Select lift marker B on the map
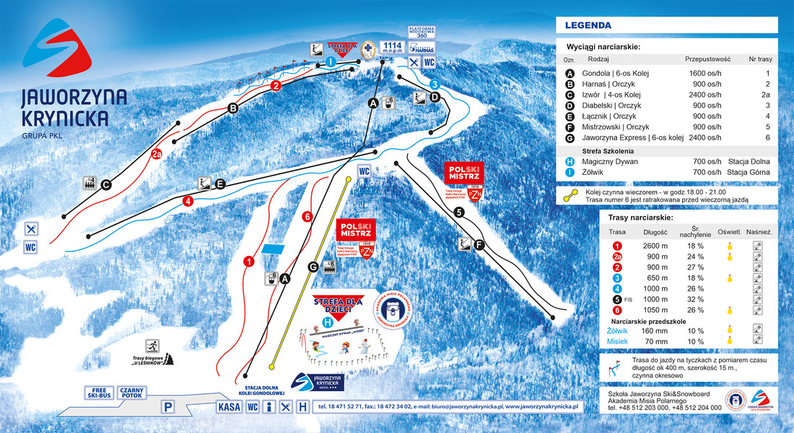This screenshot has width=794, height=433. point(232,109)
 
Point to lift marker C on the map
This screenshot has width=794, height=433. point(105,184)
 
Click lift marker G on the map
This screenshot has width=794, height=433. point(313,267)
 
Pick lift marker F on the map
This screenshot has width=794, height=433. point(478,244)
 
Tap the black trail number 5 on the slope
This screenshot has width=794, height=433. point(459,213)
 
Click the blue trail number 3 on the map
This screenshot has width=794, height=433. point(434,85)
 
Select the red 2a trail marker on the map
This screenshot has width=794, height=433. point(157,154)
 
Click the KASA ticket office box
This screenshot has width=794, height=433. point(229,407)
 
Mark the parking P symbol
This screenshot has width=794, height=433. point(167,408)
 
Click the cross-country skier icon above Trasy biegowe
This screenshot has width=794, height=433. point(152,345)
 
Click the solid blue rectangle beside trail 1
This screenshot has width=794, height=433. point(274,248)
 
